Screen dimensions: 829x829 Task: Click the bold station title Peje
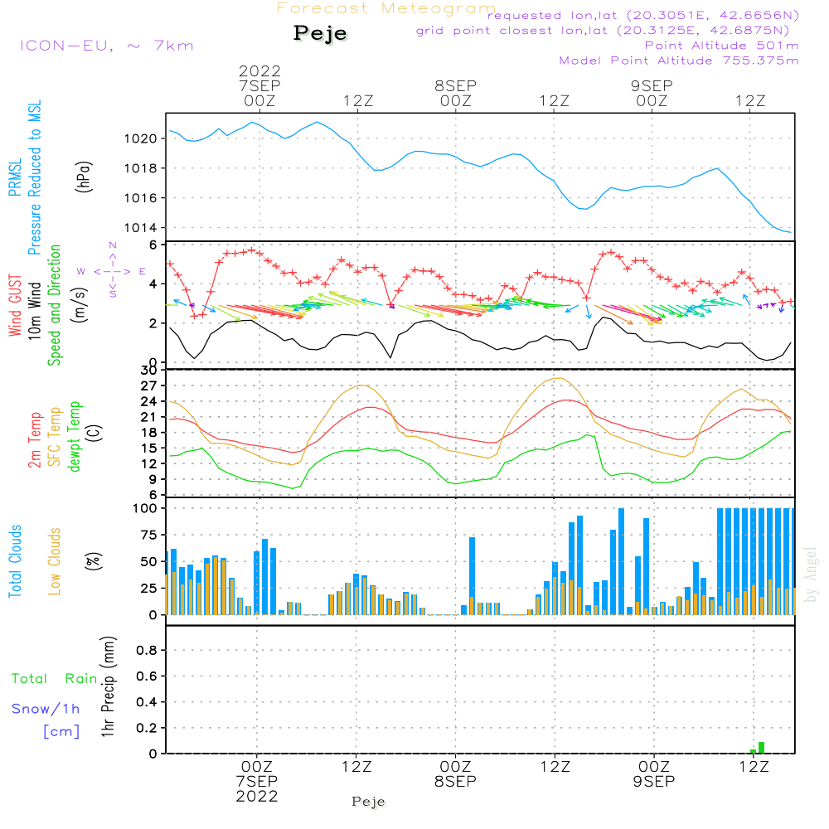click(320, 33)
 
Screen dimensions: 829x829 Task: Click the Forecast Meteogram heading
click(386, 8)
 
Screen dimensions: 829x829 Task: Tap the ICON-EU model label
click(106, 46)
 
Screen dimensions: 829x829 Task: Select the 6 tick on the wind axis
click(153, 245)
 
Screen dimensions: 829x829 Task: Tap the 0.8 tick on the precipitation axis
click(145, 651)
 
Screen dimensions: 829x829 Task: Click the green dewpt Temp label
click(75, 437)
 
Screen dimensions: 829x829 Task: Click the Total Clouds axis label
click(15, 561)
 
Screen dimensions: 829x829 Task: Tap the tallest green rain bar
click(761, 748)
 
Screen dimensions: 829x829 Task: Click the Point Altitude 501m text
click(721, 46)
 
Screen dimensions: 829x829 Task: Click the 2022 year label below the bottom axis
click(257, 796)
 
